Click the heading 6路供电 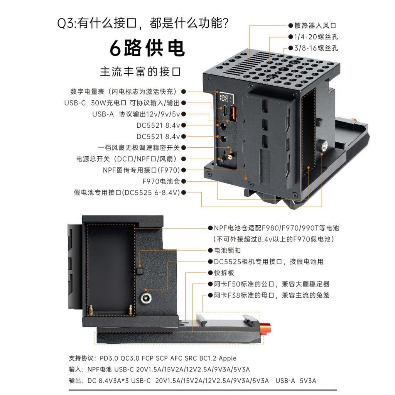[147, 48]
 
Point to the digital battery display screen [225, 98]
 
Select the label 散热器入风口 [316, 25]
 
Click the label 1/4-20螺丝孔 [316, 37]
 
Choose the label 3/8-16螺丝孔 [316, 48]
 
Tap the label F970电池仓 [161, 181]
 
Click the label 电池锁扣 [228, 250]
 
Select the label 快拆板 [224, 273]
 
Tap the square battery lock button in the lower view [140, 271]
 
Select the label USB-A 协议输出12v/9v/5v [136, 114]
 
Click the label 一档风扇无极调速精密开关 [139, 148]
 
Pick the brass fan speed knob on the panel [230, 156]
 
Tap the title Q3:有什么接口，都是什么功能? [143, 24]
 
